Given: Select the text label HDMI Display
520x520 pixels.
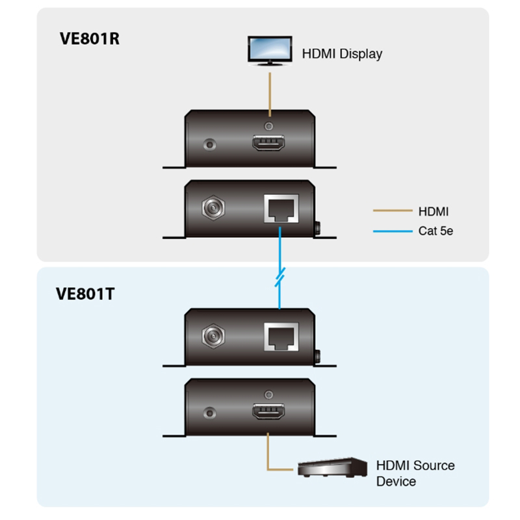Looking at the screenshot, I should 342,54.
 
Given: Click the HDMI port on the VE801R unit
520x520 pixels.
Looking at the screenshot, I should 268,144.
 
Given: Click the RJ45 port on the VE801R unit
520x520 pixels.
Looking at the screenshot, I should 279,209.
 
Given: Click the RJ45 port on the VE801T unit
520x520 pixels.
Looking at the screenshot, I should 279,336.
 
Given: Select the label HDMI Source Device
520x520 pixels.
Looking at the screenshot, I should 415,473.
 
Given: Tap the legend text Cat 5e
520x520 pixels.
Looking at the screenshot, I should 435,230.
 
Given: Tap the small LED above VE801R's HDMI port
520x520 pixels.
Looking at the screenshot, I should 268,123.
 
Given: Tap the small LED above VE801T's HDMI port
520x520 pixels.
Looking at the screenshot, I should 268,393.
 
